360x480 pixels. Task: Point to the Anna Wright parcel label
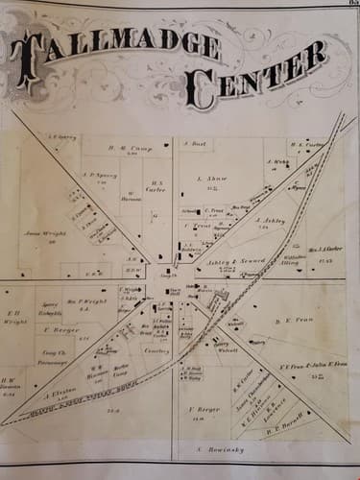pos(42,232)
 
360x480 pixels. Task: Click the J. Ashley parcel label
pos(272,220)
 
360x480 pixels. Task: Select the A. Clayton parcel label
pos(58,391)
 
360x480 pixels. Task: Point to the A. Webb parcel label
pos(278,162)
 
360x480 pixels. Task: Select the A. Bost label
pos(195,143)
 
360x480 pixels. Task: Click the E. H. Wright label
pos(14,317)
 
